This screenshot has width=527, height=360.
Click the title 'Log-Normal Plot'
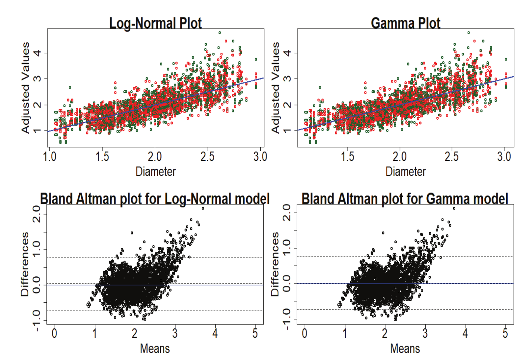click(x=155, y=23)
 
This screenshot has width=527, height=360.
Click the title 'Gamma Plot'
click(x=406, y=23)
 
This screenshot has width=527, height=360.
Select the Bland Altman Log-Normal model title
click(x=154, y=199)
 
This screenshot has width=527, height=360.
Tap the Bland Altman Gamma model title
click(x=404, y=199)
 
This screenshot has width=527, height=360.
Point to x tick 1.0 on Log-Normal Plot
click(x=50, y=156)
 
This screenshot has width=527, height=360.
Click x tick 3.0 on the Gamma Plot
click(x=504, y=156)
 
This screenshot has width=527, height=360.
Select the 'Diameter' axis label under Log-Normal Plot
click(x=155, y=171)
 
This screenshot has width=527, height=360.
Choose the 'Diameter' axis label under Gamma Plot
click(x=406, y=171)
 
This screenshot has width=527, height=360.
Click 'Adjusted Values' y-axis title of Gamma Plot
click(x=275, y=88)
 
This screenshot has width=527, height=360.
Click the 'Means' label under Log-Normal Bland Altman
click(x=155, y=348)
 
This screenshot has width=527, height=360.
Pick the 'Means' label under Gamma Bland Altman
click(x=405, y=348)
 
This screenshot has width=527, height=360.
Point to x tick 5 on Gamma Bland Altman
click(x=505, y=333)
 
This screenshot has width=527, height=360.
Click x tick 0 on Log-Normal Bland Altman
click(x=55, y=333)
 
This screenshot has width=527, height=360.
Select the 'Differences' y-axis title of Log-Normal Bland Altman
click(x=25, y=264)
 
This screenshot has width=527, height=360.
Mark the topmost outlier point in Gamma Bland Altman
click(x=454, y=208)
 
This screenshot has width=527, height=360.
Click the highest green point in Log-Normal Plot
click(x=219, y=33)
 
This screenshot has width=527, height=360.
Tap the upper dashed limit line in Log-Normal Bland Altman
click(x=223, y=257)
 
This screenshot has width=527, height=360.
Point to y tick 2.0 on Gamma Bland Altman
click(x=286, y=213)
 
